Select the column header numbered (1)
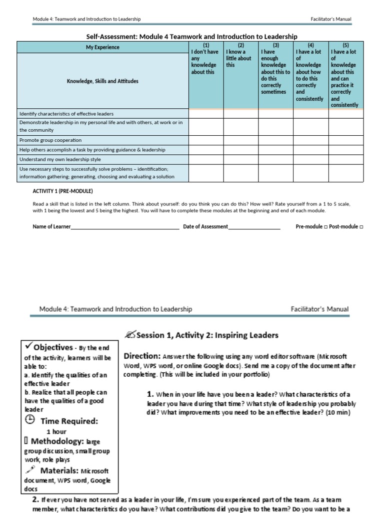[205, 45]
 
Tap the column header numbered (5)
[345, 45]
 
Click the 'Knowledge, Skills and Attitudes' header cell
[103, 81]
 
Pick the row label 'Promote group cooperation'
[50, 140]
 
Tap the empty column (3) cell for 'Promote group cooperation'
[275, 140]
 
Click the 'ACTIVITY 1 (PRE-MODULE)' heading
[63, 191]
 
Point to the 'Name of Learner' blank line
[125, 227]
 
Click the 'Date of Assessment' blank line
[254, 227]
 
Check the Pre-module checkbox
[325, 227]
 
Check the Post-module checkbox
[361, 227]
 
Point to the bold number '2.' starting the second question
[35, 499]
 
